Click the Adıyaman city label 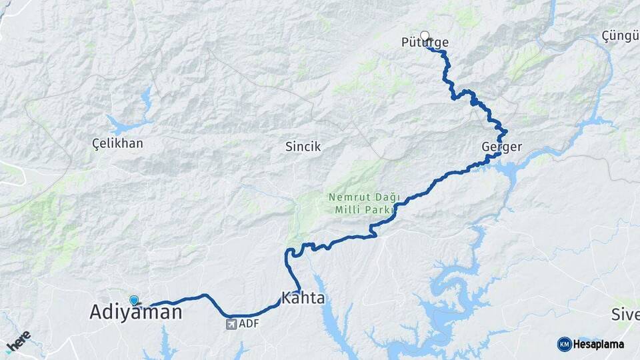(135, 313)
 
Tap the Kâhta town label (303, 298)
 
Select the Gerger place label (501, 147)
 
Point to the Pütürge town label (425, 43)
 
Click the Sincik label (303, 147)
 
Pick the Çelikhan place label (117, 143)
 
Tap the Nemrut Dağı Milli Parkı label (363, 203)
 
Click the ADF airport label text (248, 325)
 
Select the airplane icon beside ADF (231, 325)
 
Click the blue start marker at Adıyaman (134, 301)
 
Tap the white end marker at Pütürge (424, 36)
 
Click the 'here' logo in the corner (18, 341)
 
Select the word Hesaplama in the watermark (600, 344)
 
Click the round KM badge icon (564, 344)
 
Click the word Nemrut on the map (344, 197)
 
